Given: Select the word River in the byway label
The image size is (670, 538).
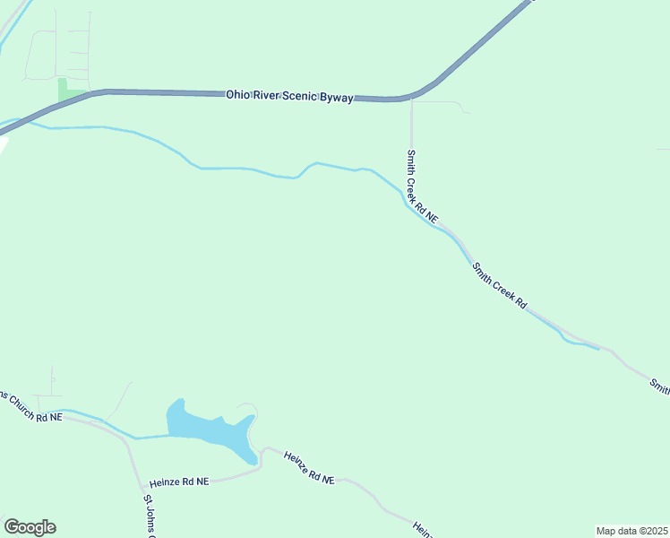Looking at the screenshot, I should point(267,95).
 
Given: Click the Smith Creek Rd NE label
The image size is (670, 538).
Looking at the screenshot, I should point(421,187).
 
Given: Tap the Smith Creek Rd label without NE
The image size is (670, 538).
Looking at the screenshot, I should point(499,285).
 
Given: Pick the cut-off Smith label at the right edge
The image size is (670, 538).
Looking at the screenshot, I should point(660,386).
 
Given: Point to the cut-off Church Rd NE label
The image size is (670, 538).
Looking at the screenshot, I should point(30,406).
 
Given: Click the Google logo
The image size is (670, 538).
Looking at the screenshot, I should point(30,527).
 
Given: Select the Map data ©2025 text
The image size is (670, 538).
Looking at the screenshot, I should point(631,531).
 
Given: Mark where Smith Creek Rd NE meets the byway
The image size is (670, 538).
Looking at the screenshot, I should point(411,98).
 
